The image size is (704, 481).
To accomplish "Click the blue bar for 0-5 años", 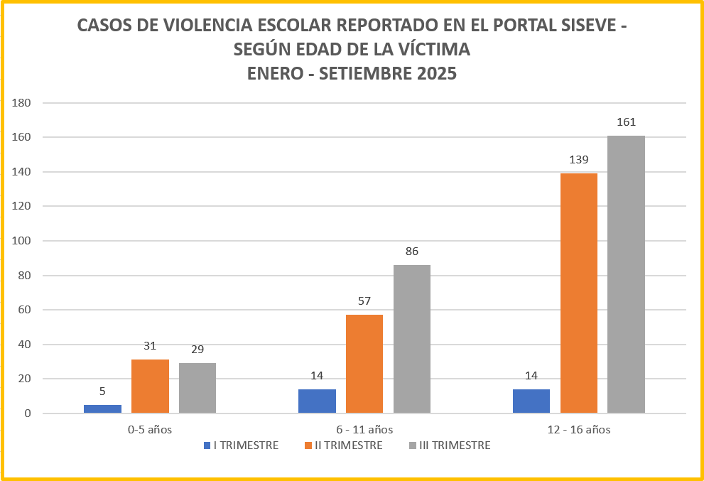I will tap(102, 409).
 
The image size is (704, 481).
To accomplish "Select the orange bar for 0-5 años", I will tap(150, 387).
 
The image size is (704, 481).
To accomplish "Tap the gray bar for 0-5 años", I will tap(197, 388).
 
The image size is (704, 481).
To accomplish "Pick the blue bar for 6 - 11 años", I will tap(317, 401).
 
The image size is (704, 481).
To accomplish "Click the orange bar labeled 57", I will tap(364, 364).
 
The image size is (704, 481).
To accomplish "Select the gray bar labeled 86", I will tap(412, 339).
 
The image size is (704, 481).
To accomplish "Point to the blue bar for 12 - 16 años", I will tap(531, 401).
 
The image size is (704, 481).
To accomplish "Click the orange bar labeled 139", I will tap(579, 293).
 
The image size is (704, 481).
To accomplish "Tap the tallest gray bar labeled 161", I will tap(626, 274).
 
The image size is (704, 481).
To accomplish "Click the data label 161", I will tap(626, 122).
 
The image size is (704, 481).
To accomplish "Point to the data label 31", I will tap(150, 346).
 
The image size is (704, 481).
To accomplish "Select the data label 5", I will tap(102, 391).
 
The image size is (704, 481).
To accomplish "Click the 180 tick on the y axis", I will tap(21, 102).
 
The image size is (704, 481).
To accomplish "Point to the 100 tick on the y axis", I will tap(21, 241).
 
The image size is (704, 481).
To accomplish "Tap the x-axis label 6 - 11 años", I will tap(364, 429).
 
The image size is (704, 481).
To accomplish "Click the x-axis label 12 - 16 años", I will tap(579, 429).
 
